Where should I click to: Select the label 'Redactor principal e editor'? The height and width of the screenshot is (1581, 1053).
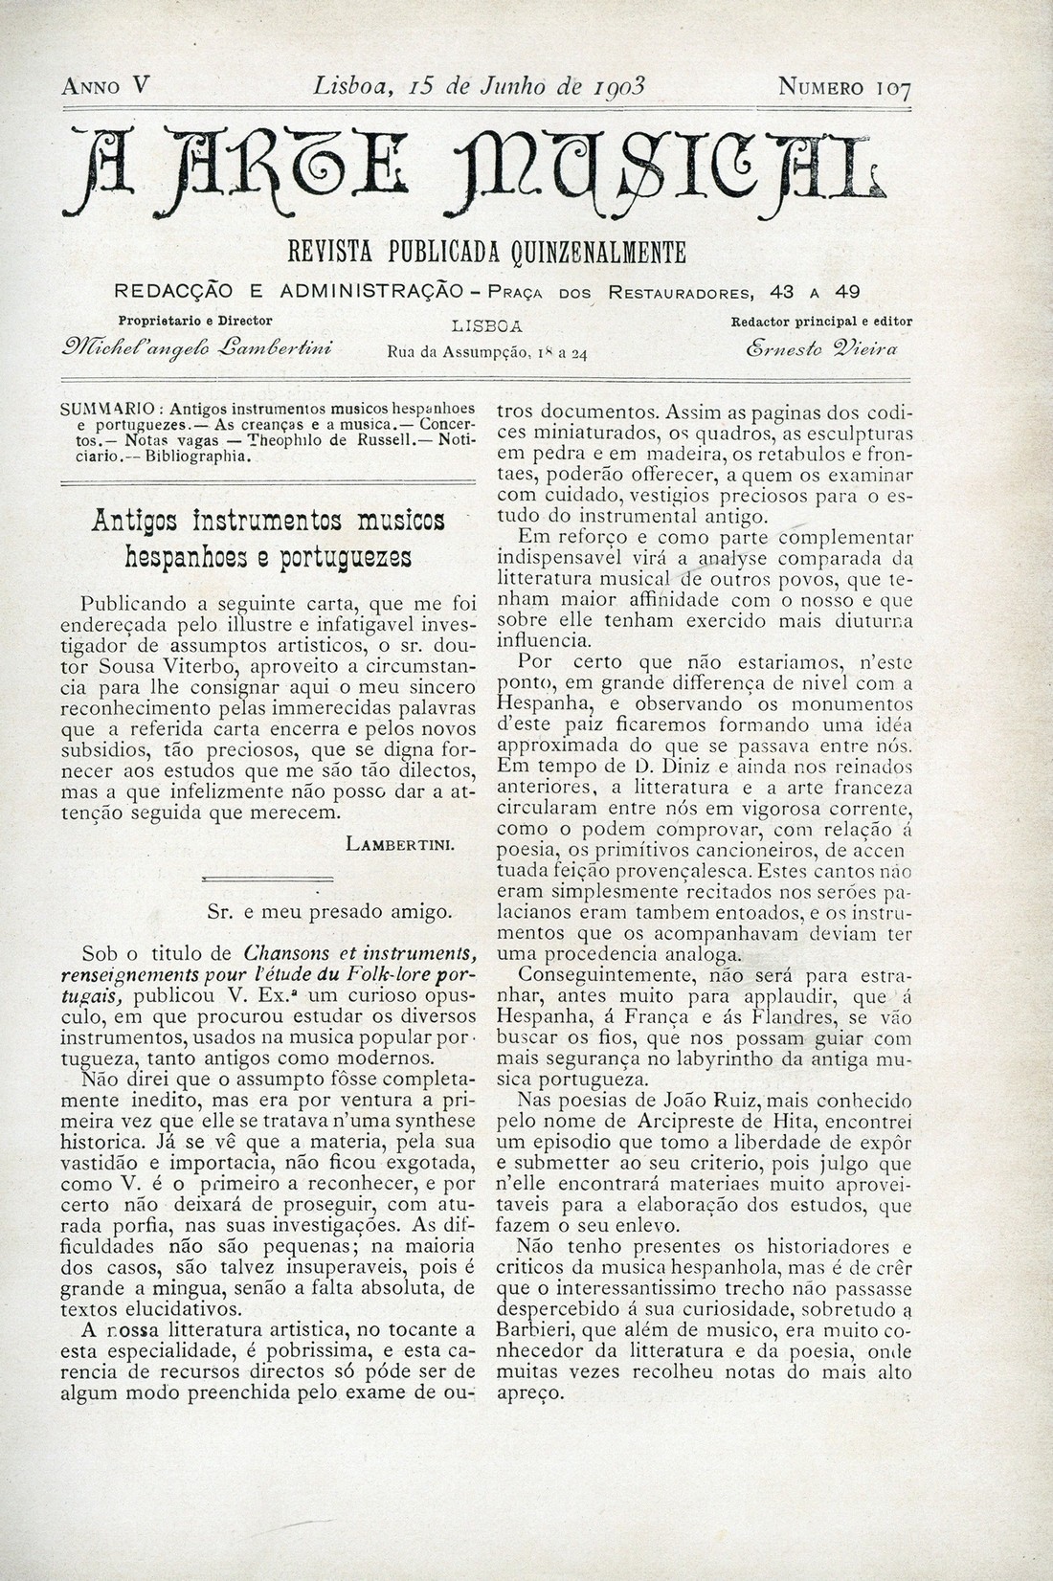click(820, 322)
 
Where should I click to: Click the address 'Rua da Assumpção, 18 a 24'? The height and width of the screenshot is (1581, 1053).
click(486, 351)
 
